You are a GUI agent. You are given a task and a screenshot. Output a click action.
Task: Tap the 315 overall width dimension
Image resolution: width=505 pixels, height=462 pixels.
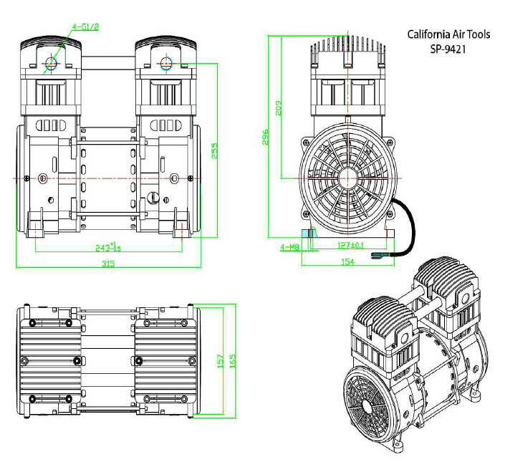tap(108, 264)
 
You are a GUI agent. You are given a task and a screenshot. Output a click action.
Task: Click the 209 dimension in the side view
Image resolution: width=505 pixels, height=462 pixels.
tap(279, 107)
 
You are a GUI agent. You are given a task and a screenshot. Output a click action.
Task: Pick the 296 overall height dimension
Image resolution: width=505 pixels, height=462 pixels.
tap(265, 137)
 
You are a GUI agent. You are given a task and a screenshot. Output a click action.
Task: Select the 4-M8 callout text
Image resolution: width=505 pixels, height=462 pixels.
tap(289, 247)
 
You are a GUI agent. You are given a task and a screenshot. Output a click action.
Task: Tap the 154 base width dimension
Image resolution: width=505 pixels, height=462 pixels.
tap(347, 262)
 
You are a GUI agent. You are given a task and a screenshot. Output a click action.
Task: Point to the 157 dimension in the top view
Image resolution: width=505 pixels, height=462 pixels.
tap(221, 359)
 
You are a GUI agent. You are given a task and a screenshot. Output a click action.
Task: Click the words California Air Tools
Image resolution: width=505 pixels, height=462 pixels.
tap(448, 34)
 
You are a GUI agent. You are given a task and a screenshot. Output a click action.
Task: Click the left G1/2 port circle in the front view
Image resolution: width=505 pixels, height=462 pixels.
tap(50, 62)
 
